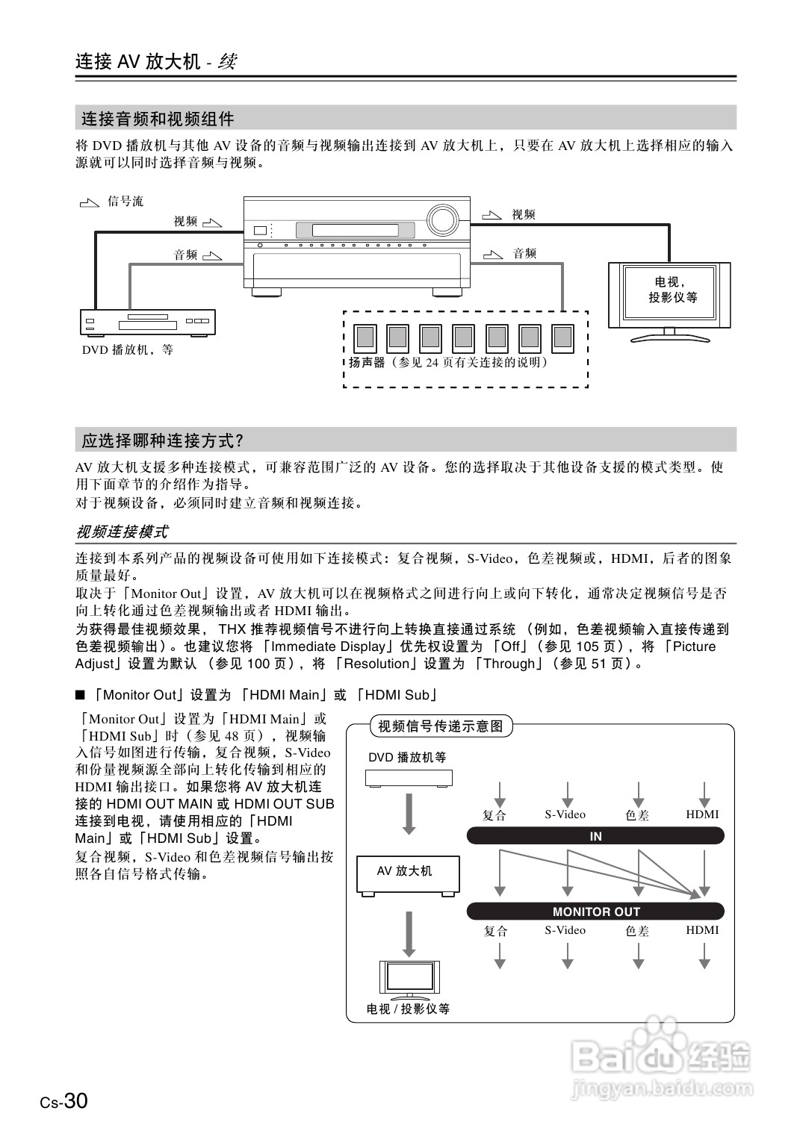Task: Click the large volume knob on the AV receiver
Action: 441,220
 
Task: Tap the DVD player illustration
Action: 147,323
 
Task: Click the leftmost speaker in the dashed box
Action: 365,338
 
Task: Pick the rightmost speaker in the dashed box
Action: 562,338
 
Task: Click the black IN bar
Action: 595,836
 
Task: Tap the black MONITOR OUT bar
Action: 595,912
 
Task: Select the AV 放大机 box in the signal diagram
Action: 408,873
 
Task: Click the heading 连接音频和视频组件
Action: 158,119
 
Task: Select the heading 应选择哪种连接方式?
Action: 163,441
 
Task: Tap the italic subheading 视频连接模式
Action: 122,532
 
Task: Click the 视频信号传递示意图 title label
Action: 441,726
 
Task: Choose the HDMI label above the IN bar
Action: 702,814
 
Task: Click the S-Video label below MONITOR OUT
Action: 565,930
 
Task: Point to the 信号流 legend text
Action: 125,202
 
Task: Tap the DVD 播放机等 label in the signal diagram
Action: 407,757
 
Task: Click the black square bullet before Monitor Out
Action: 81,695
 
